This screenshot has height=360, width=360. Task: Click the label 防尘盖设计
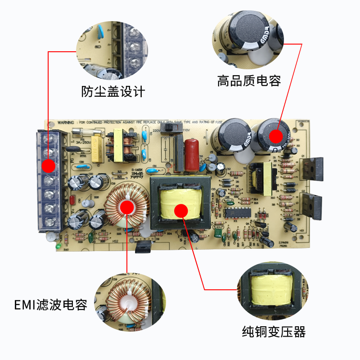point(113,91)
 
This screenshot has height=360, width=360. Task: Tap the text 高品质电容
point(249,81)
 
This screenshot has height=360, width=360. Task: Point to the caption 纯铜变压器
point(274,332)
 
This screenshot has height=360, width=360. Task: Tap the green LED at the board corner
point(58,246)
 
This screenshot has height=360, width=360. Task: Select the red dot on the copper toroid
point(127,207)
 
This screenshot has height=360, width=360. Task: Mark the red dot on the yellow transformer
point(181,210)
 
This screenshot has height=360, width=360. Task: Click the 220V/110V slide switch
point(170,129)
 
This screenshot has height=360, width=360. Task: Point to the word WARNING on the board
point(65,122)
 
